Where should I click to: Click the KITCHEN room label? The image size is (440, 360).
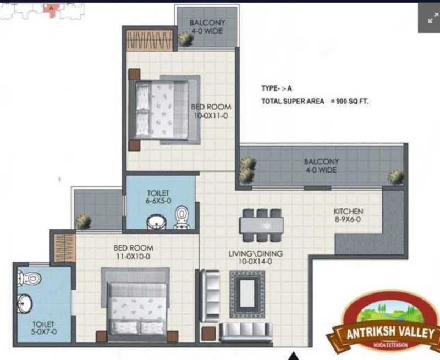click(x=348, y=211)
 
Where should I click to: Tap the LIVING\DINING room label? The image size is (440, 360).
click(x=256, y=253)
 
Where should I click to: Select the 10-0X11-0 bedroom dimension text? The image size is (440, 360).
click(x=211, y=115)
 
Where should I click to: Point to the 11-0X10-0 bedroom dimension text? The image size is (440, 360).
click(x=133, y=256)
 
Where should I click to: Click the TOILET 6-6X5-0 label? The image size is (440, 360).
click(x=158, y=197)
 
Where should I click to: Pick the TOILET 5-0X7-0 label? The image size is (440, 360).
click(x=44, y=328)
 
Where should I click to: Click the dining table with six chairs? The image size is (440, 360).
click(x=262, y=225)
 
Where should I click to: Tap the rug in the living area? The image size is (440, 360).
click(x=247, y=294)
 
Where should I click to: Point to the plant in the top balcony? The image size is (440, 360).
click(x=185, y=38)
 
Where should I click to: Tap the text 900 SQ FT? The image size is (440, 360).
click(x=352, y=101)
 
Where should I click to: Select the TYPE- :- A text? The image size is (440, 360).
click(x=277, y=88)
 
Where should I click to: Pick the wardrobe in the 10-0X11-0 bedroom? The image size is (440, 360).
click(x=150, y=40)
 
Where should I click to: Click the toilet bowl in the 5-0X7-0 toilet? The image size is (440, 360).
click(x=30, y=279)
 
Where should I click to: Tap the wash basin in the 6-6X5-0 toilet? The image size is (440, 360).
click(x=156, y=222)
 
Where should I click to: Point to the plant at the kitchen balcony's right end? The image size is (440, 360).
click(x=395, y=177)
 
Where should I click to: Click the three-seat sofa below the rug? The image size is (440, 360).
click(x=245, y=331)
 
